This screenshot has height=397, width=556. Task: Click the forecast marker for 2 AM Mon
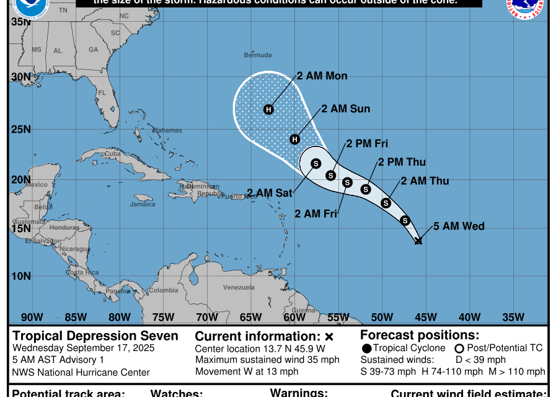[x=268, y=110]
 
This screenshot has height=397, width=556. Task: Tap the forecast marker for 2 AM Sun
[x=295, y=139]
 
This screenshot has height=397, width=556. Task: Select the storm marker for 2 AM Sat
[x=316, y=163]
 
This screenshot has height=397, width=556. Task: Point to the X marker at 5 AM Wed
[x=418, y=241]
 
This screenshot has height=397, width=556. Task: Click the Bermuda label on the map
[x=258, y=55]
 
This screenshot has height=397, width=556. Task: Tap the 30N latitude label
[x=21, y=77]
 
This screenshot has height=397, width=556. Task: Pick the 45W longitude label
[x=426, y=317]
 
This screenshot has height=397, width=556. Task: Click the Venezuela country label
[x=239, y=287]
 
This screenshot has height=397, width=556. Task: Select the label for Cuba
[x=112, y=154]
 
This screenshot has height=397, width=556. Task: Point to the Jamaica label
[x=142, y=204]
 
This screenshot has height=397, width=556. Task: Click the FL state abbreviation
[x=103, y=93]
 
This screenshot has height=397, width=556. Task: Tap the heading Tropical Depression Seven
[x=95, y=336]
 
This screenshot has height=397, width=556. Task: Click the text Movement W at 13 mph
[x=247, y=372]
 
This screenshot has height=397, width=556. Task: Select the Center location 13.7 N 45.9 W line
[x=260, y=349]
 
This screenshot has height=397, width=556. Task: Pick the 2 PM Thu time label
[x=402, y=163]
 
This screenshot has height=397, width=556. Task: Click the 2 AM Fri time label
[x=316, y=214]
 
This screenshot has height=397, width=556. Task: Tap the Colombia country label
[x=164, y=290]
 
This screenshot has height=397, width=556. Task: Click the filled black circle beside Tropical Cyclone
[x=368, y=349]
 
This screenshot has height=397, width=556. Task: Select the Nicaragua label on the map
[x=75, y=249]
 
